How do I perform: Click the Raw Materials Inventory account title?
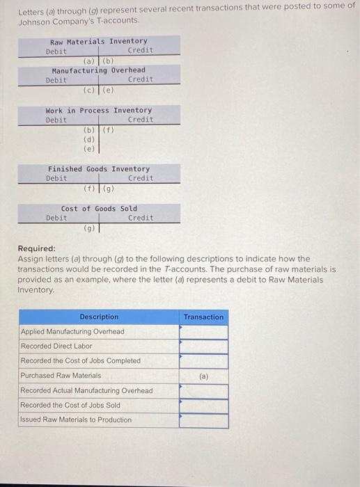(99, 42)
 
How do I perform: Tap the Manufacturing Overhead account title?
(99, 70)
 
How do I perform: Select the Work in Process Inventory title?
(98, 111)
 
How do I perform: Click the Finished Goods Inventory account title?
(98, 169)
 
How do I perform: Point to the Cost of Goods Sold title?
(99, 209)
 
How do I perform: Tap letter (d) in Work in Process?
(89, 138)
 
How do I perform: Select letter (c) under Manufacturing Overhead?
(89, 90)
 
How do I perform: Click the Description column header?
(99, 317)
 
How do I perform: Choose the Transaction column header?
(203, 317)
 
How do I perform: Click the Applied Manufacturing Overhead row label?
(72, 332)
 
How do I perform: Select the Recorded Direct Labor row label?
(56, 346)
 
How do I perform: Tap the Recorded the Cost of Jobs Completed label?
(80, 360)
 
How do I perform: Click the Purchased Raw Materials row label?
(61, 375)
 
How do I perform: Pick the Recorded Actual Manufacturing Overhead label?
(86, 390)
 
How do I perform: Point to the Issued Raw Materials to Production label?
(76, 420)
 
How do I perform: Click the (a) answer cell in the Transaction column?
(203, 376)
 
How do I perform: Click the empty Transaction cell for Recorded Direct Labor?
(203, 346)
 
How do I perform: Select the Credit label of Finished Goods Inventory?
(141, 179)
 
